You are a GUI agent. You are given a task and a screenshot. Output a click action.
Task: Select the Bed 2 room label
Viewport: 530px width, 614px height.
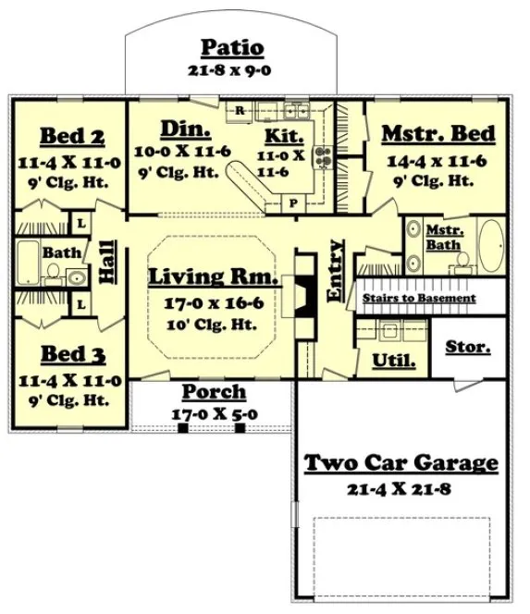70,137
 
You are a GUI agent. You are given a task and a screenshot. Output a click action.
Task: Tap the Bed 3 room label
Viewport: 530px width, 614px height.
70,356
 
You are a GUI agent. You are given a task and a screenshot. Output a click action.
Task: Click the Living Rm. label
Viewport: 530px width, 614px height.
213,276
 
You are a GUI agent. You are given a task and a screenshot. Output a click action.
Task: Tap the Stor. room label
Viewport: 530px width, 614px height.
468,348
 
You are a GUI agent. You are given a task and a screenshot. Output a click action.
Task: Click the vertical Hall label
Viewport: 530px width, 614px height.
107,262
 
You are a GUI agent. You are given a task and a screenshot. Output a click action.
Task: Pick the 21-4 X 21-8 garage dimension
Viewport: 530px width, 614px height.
401,487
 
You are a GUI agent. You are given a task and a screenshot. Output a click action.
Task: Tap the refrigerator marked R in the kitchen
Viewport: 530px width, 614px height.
240,111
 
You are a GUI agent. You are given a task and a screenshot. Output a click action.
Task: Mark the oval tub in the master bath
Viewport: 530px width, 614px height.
487,245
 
